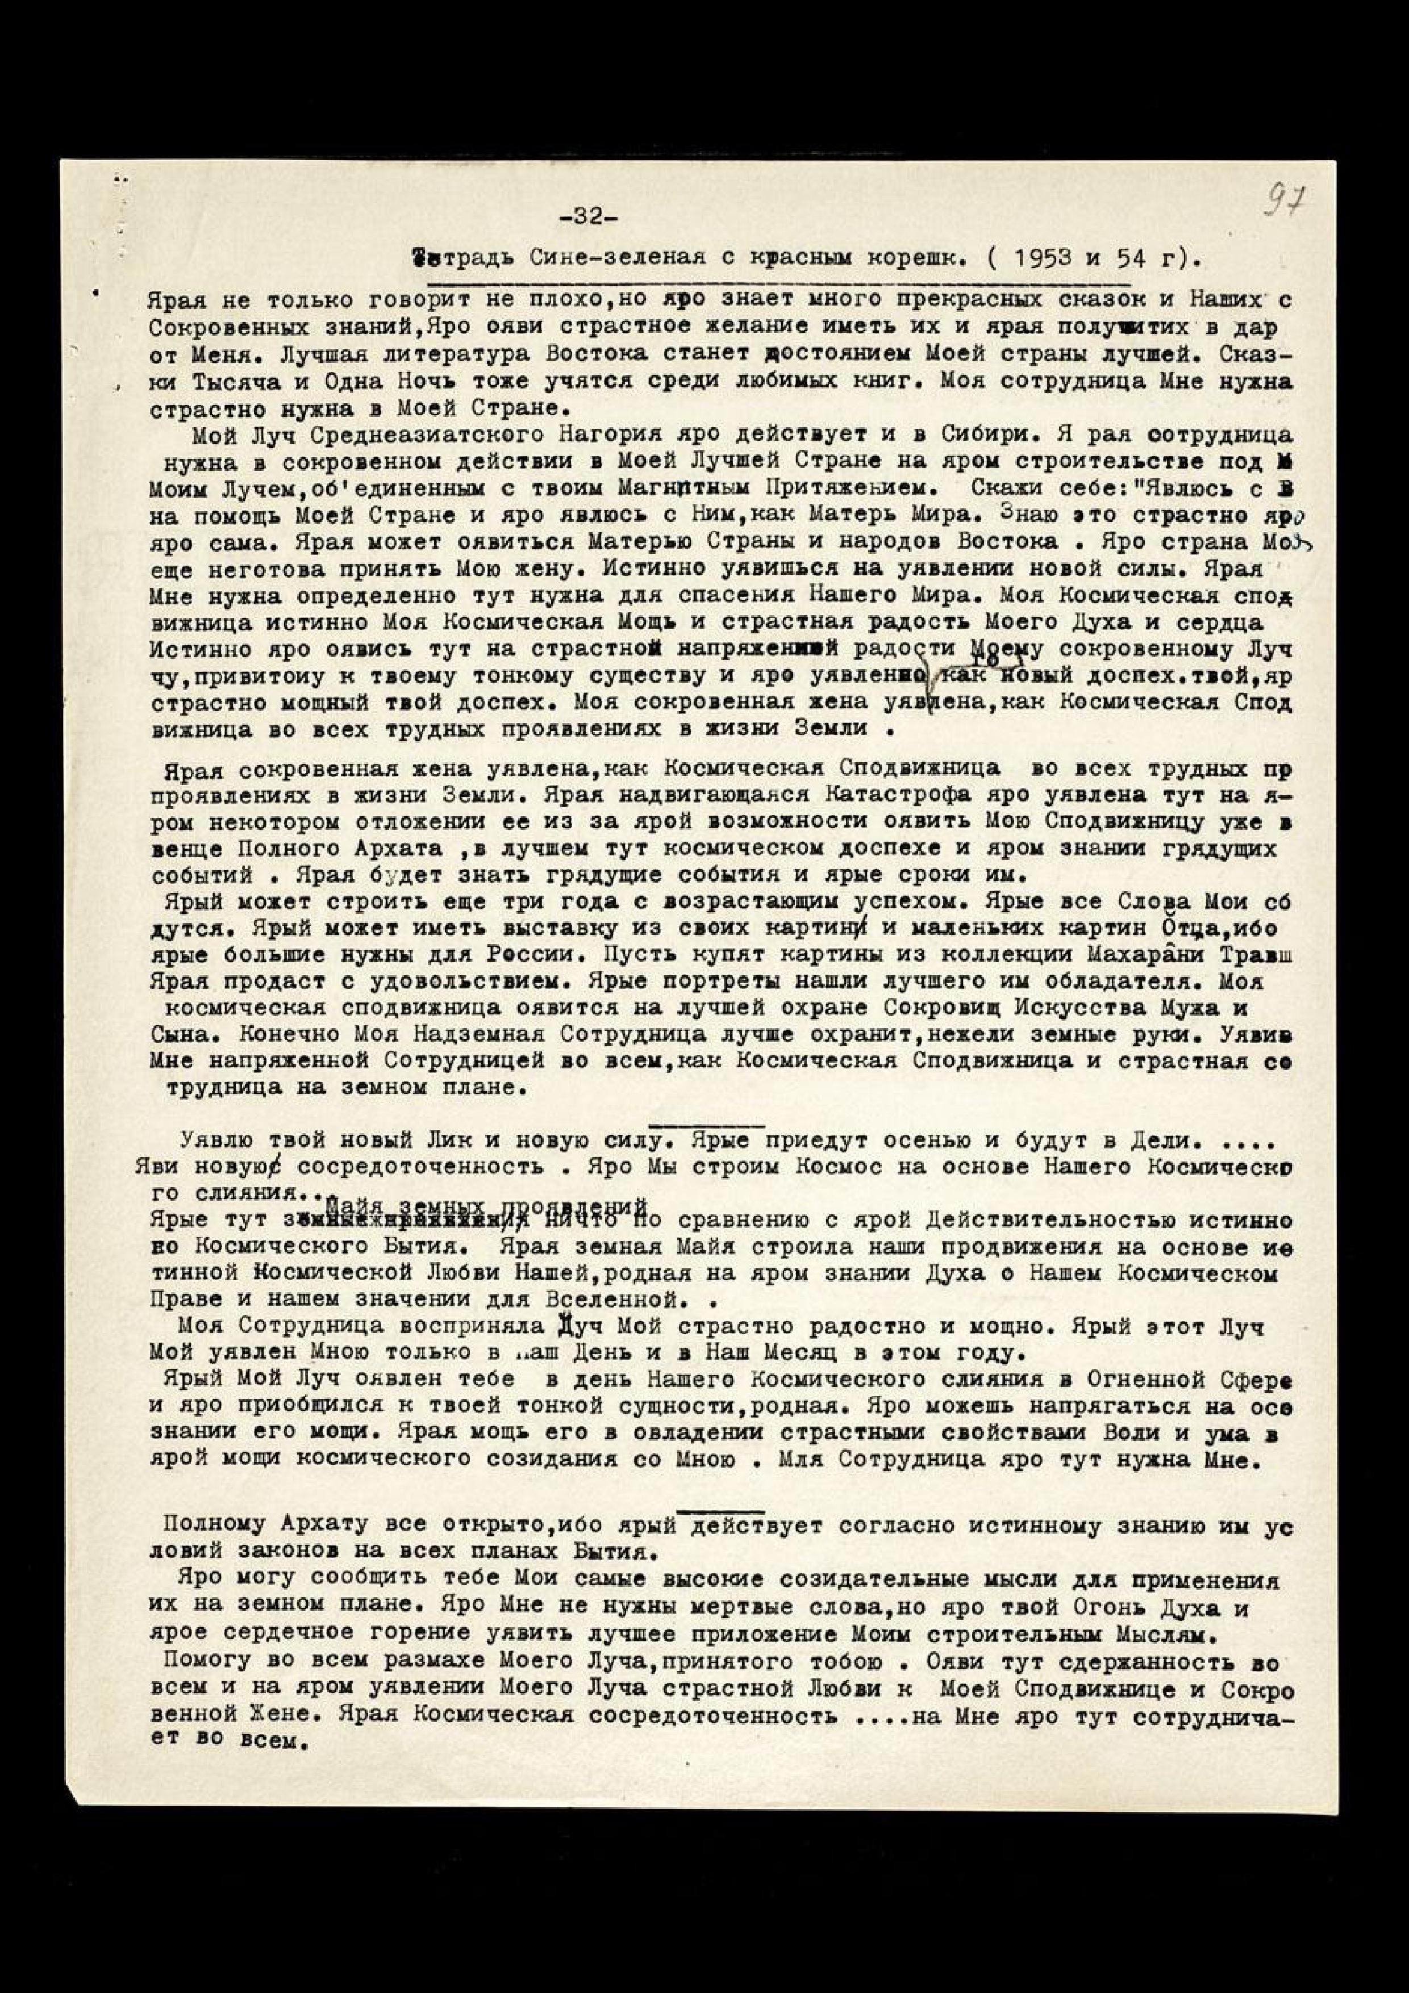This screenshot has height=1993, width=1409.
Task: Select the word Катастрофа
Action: (899, 794)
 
